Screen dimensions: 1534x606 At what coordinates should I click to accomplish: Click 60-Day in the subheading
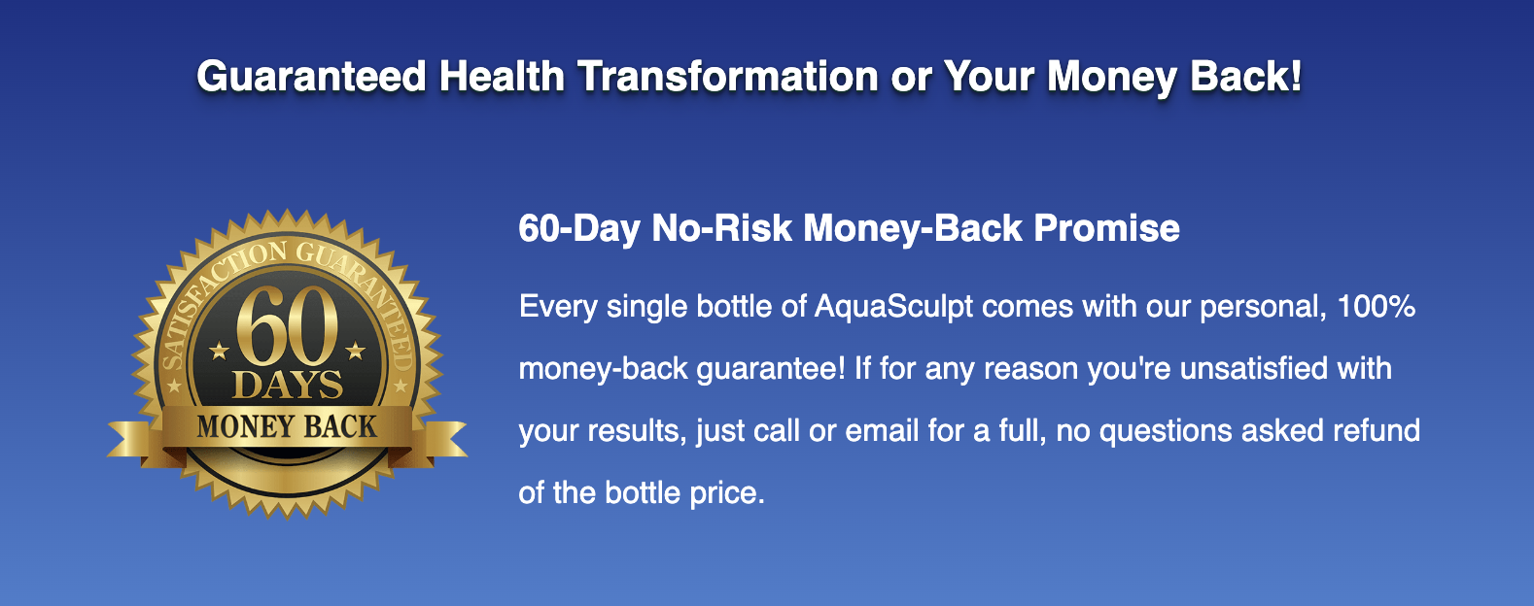coord(578,228)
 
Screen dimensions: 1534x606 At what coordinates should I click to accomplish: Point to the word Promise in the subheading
coord(1106,228)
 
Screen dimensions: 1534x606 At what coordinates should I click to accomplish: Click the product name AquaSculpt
coord(893,307)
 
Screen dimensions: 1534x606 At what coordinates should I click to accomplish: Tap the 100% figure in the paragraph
coord(1376,305)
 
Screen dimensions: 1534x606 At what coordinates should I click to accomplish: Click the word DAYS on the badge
coord(288,385)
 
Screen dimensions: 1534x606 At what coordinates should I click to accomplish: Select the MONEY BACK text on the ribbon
coord(287,426)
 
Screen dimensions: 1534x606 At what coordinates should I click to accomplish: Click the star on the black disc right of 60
coord(356,351)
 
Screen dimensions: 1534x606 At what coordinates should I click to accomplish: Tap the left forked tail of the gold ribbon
coord(133,441)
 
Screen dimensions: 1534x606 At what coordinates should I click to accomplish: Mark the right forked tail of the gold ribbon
coord(441,441)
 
